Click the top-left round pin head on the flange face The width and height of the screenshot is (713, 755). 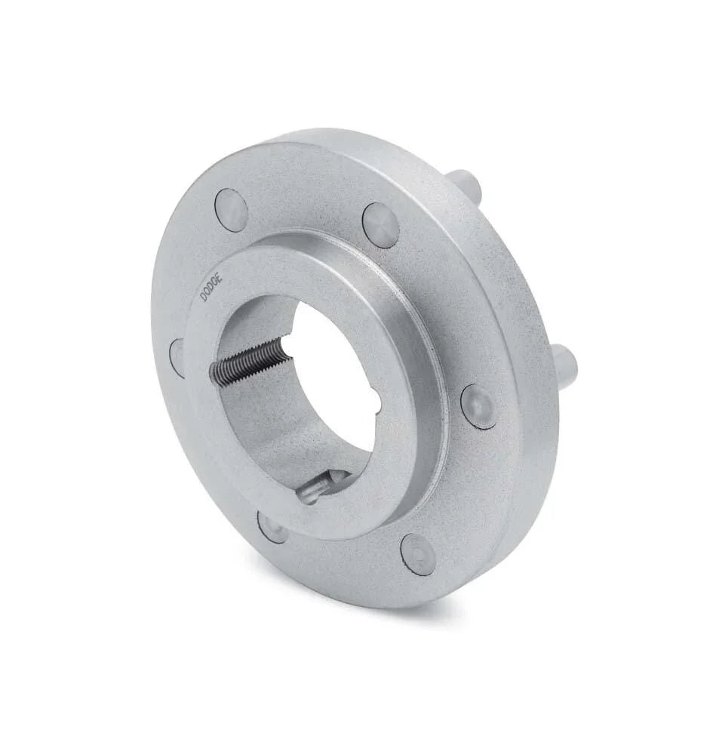tap(232, 210)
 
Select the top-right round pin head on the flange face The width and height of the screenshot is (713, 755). tap(380, 224)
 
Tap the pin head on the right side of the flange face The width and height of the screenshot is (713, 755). tap(478, 405)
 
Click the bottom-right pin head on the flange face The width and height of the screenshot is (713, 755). tap(417, 553)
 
